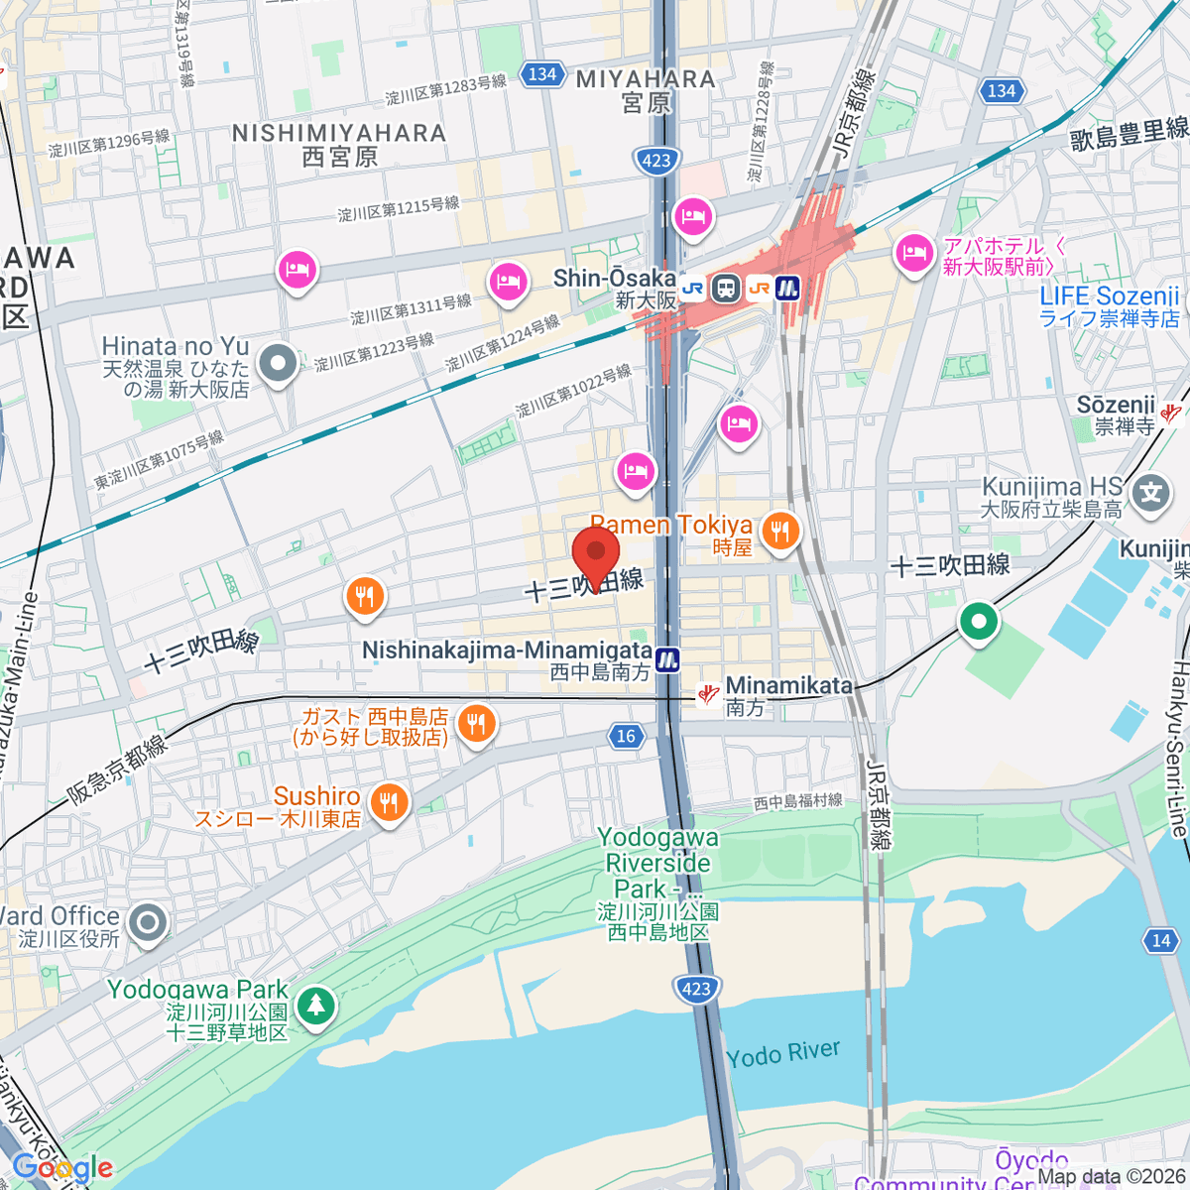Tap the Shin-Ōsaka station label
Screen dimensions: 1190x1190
614,288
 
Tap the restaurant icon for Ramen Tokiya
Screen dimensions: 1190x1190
780,531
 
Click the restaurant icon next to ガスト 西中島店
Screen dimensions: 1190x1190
477,724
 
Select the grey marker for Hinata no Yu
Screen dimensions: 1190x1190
278,364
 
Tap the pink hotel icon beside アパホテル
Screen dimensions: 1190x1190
913,254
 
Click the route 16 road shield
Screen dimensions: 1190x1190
626,736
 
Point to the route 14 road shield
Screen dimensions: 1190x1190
1161,940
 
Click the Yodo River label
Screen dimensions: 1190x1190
782,1054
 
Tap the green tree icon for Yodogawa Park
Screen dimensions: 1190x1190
315,1007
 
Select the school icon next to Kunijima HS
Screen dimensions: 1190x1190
1150,493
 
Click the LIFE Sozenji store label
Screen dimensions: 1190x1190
1109,306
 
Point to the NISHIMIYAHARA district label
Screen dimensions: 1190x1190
339,145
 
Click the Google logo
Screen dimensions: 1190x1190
61,1168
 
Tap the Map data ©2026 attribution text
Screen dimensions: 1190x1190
1112,1177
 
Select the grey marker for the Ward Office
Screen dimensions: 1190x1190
148,923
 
